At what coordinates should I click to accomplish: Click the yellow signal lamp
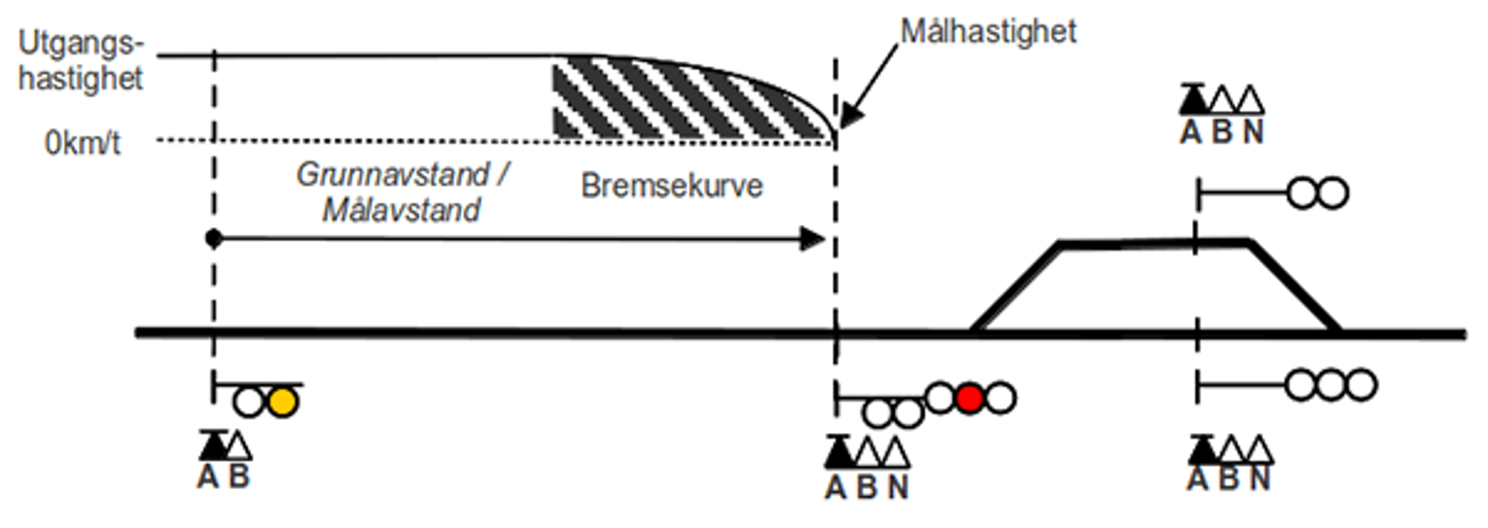[x=282, y=402]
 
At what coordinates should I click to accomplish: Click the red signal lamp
[x=970, y=398]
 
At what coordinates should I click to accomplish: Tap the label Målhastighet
[x=989, y=32]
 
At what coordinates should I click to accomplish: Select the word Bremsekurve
[x=671, y=186]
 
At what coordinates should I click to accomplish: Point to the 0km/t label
[x=83, y=143]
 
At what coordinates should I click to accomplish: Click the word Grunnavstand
[x=392, y=174]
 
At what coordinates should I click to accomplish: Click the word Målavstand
[x=402, y=210]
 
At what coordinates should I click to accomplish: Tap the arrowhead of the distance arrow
[x=814, y=239]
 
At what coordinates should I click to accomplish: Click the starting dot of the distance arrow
[x=214, y=239]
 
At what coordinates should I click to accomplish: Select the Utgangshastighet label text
[x=81, y=60]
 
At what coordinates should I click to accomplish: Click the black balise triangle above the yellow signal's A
[x=213, y=445]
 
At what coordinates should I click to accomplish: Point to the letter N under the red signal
[x=897, y=487]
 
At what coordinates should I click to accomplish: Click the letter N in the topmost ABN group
[x=1253, y=133]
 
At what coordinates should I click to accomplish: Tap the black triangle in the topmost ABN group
[x=1192, y=99]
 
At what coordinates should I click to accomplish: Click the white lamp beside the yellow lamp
[x=249, y=402]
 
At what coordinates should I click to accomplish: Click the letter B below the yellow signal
[x=239, y=477]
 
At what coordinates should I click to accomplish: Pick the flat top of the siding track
[x=1153, y=244]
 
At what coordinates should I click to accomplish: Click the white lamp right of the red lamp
[x=1001, y=398]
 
